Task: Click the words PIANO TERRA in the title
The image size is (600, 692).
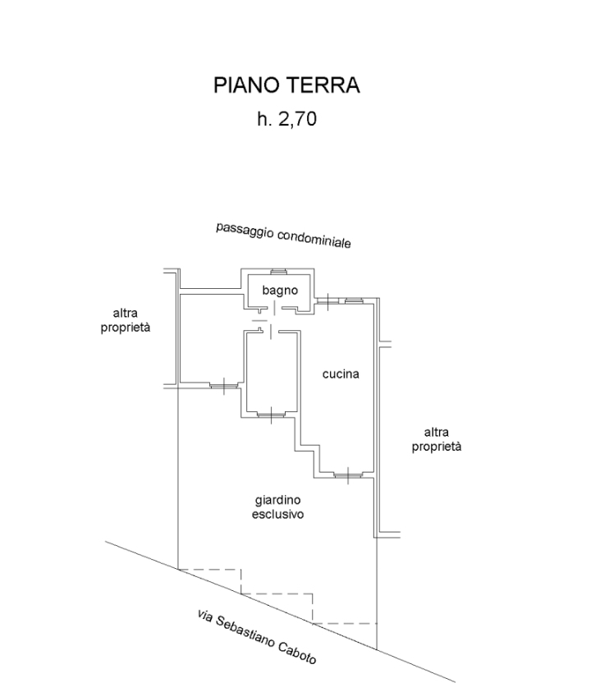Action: point(286,85)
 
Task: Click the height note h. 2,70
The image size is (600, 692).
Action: point(286,120)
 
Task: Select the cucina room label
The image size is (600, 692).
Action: point(340,374)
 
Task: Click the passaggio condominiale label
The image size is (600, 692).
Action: point(283,236)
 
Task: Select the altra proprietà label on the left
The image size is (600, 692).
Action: point(131,319)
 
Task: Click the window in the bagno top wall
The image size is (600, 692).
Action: point(277,272)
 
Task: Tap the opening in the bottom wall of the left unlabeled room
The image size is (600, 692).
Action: point(222,384)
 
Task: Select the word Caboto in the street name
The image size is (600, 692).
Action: point(298,653)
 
